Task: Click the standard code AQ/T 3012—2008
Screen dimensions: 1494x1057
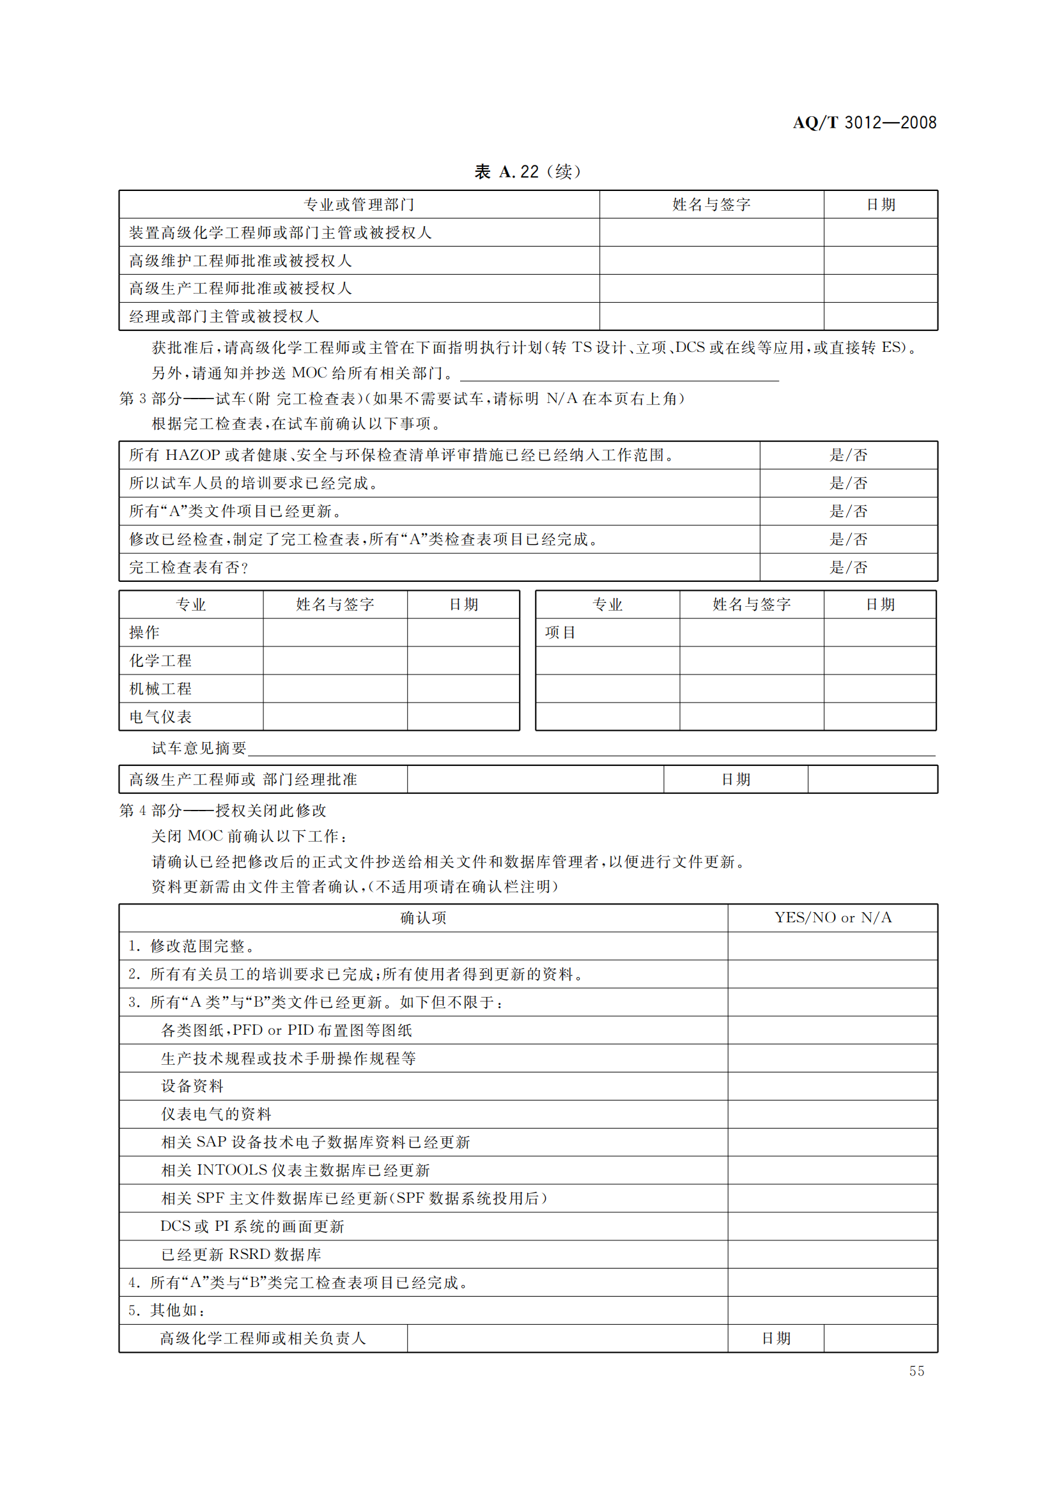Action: pyautogui.click(x=864, y=123)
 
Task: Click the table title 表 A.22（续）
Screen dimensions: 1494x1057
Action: pyautogui.click(x=527, y=172)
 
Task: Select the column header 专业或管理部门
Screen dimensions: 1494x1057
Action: pyautogui.click(x=359, y=205)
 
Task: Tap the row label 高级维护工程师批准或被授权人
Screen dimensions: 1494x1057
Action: pyautogui.click(x=240, y=261)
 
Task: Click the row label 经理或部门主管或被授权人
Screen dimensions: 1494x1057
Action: pyautogui.click(x=224, y=317)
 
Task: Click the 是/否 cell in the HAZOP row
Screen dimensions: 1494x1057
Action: pyautogui.click(x=848, y=455)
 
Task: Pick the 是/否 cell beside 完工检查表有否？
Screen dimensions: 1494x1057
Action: pyautogui.click(x=848, y=567)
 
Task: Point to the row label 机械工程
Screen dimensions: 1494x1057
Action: pyautogui.click(x=160, y=689)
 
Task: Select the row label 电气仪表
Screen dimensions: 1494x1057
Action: pyautogui.click(x=160, y=717)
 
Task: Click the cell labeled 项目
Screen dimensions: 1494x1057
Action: pyautogui.click(x=560, y=632)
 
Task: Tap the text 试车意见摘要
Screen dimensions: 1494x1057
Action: pyautogui.click(x=199, y=749)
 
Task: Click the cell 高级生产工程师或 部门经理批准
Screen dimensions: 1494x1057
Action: pyautogui.click(x=243, y=779)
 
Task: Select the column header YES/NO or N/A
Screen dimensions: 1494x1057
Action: pyautogui.click(x=833, y=917)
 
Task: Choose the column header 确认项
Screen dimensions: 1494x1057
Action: pyautogui.click(x=423, y=918)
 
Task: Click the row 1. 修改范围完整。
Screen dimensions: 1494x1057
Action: pyautogui.click(x=191, y=946)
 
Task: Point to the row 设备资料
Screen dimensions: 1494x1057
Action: pyautogui.click(x=192, y=1086)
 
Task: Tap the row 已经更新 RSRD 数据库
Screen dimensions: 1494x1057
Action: pyautogui.click(x=241, y=1254)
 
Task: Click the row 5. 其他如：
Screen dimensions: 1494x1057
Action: pyautogui.click(x=167, y=1311)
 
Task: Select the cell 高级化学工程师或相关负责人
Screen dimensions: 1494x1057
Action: pyautogui.click(x=263, y=1339)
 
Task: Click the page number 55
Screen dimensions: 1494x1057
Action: pyautogui.click(x=916, y=1371)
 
